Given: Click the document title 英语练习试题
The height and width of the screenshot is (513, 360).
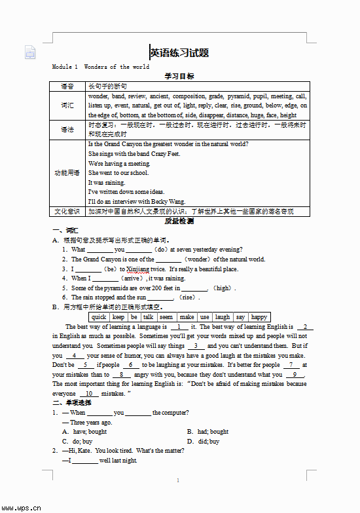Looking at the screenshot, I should pos(180,53).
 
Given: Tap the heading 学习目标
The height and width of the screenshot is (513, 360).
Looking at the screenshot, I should pos(179,76).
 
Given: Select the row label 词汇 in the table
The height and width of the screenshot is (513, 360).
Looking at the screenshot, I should pos(67,105).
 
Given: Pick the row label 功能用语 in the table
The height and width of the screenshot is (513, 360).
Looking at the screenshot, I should pos(67,173).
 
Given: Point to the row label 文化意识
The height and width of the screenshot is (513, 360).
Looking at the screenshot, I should pos(67,212).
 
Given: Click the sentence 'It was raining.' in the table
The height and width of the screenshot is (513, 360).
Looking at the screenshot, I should pos(106,183).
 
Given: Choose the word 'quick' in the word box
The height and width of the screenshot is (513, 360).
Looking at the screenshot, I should pos(99,317).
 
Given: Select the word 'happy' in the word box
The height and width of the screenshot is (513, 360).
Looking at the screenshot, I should pos(259,317).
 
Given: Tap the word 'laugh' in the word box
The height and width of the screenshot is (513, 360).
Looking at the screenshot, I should pos(223,317).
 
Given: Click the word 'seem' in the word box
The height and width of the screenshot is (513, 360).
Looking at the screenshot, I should pos(166,317).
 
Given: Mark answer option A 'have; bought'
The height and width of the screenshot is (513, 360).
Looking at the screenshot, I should pos(85,432).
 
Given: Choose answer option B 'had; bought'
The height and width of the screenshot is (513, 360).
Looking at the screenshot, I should pos(208,432).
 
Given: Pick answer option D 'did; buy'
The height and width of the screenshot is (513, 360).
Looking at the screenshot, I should pos(204,442).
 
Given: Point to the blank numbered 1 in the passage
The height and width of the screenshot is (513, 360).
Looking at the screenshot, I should pos(179,326).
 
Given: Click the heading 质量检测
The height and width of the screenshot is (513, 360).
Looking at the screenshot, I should pos(179,221).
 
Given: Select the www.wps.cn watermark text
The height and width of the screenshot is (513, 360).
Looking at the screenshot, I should pos(22,507).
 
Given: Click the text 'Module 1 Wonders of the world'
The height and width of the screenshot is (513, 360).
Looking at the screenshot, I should pos(101,67).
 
